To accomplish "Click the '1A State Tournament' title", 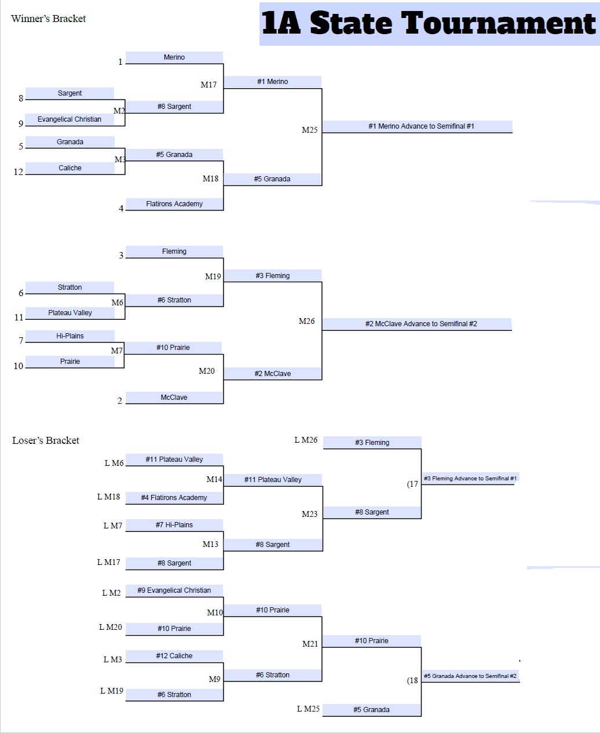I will [x=429, y=24].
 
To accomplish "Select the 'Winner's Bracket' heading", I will [x=48, y=19].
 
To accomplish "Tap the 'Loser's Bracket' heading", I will [x=46, y=440].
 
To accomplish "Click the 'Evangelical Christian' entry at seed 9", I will [x=69, y=119].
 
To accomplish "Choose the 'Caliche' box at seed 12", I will [x=69, y=168].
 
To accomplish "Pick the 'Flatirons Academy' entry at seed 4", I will [x=174, y=204].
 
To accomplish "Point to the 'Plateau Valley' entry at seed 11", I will [x=70, y=313].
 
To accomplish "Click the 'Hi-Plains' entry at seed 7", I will [x=70, y=336].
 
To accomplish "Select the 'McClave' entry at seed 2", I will [x=174, y=398].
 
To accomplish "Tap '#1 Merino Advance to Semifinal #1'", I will [x=421, y=126].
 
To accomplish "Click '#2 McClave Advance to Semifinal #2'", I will [x=421, y=324].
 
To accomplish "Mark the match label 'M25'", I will [x=310, y=130].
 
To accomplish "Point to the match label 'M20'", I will [x=207, y=371].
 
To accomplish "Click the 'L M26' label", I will [x=306, y=440].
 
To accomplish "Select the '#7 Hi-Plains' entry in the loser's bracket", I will [x=174, y=525].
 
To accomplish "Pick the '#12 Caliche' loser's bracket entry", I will [x=174, y=656].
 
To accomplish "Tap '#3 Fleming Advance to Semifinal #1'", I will [x=470, y=479].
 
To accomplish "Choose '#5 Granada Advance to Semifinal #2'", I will [x=470, y=676].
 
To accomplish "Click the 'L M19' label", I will [x=112, y=691].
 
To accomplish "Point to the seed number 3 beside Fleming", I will [x=121, y=256].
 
